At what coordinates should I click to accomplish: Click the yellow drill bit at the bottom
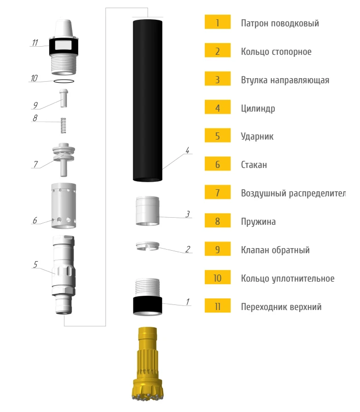(x=148, y=364)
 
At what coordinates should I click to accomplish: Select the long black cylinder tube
(x=148, y=100)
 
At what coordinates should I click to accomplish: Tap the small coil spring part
(x=63, y=125)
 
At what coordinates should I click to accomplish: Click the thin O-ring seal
(x=64, y=81)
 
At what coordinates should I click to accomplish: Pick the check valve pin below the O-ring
(x=63, y=98)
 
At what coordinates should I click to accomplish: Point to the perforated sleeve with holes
(x=63, y=205)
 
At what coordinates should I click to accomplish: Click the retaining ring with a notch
(x=148, y=246)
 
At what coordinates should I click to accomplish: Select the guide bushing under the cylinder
(x=148, y=211)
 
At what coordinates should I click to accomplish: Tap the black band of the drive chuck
(x=148, y=305)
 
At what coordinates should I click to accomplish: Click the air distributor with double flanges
(x=63, y=159)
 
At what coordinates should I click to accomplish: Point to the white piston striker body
(x=64, y=274)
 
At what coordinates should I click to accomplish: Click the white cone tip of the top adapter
(x=64, y=27)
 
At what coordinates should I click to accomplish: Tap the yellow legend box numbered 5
(x=218, y=135)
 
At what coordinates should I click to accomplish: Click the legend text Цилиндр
(x=258, y=108)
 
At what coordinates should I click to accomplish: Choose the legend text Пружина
(x=259, y=222)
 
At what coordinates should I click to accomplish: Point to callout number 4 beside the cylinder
(x=188, y=150)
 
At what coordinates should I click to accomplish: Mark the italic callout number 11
(x=35, y=43)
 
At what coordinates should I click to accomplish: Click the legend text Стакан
(x=254, y=165)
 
